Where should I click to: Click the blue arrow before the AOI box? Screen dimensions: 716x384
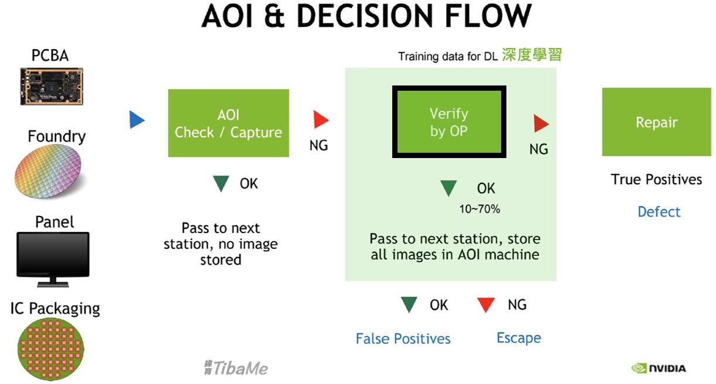pos(136,119)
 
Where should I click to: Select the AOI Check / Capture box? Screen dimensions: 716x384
pos(228,123)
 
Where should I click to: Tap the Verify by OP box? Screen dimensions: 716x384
pos(449,122)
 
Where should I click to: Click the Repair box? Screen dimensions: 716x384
pos(656,122)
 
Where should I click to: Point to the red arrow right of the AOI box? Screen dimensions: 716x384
pos(321,119)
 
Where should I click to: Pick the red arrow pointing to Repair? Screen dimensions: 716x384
pos(541,124)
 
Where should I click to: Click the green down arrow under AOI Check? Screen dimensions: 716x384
pos(221,183)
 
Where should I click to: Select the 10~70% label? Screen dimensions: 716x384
pos(479,209)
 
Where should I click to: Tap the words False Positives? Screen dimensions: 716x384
pos(403,339)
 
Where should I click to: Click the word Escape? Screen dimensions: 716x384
pos(519,338)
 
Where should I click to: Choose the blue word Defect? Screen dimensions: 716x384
pos(659,212)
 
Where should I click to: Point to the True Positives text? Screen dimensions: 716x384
pos(656,179)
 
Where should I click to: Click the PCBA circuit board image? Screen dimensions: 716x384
pos(52,86)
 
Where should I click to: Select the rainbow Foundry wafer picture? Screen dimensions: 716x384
pos(48,172)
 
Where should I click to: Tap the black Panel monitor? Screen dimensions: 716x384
pos(53,259)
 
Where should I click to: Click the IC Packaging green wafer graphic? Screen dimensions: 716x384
pos(50,349)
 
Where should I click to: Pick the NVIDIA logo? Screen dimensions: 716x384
pos(659,368)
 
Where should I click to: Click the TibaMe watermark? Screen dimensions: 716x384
pos(236,368)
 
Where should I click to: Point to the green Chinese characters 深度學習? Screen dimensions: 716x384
pos(532,54)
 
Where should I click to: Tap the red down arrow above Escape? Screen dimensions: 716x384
pos(486,305)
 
